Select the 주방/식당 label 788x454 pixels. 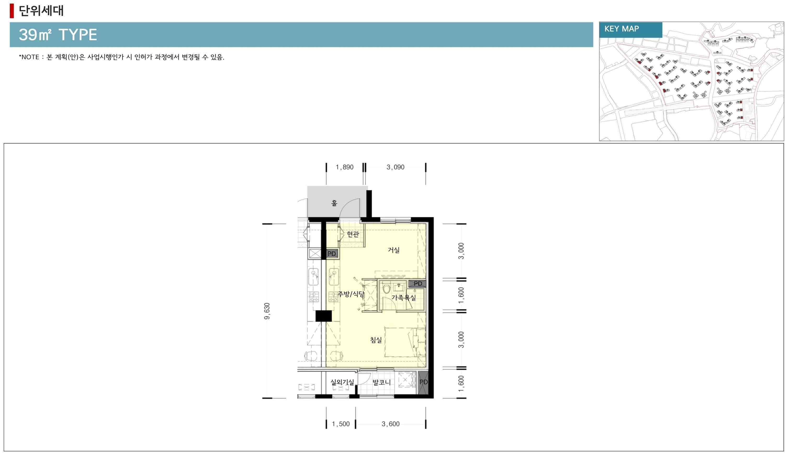point(351,294)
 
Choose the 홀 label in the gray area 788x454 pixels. point(334,203)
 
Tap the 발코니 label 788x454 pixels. point(381,382)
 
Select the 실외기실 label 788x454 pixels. point(342,382)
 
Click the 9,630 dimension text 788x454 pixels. point(267,311)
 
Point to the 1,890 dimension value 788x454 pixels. point(344,167)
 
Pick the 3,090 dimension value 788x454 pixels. point(395,167)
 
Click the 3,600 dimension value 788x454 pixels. point(390,424)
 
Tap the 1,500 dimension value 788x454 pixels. point(341,424)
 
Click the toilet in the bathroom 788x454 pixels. point(386,289)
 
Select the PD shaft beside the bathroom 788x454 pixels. point(417,283)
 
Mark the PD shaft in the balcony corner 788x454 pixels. point(423,384)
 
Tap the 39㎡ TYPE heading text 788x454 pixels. point(58,35)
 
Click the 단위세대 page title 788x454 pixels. point(41,10)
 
